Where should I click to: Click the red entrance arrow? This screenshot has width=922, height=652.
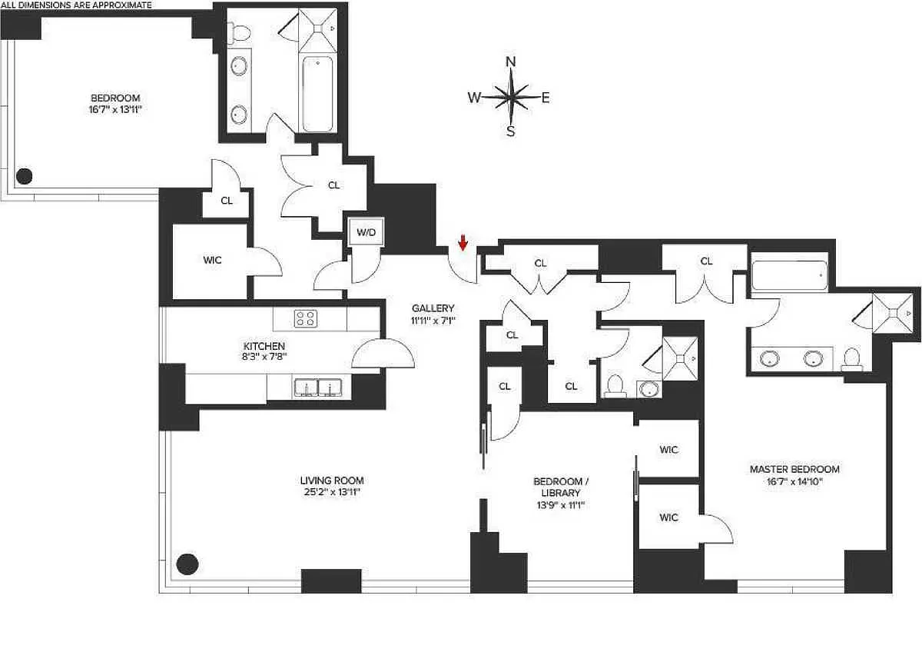pos(463,243)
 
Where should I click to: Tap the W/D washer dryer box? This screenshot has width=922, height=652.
pos(366,232)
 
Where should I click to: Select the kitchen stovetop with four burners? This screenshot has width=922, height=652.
pos(306,318)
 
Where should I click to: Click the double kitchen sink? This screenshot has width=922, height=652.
pos(319,388)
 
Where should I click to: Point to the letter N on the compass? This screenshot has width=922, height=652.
pos(510,62)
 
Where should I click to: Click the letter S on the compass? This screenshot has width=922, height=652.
pos(511,131)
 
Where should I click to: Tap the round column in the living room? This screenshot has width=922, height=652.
pos(187,564)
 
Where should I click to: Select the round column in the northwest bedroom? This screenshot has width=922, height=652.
pos(25,176)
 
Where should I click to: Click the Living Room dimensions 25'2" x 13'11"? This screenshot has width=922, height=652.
pos(332,492)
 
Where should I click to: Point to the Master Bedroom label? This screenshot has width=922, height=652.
pos(794,469)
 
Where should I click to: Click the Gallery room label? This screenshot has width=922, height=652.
pos(433,308)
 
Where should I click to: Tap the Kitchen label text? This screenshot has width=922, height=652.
pos(264,346)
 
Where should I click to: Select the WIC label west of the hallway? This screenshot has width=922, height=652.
pos(212,261)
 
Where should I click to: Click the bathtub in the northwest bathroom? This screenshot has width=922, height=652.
pos(317,95)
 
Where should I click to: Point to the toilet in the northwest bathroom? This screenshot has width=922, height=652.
pos(239,32)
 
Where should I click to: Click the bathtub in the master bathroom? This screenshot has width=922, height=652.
pos(789,275)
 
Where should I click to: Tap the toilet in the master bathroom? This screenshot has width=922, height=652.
pos(851,359)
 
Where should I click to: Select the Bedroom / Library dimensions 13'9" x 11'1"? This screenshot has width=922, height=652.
pos(561,505)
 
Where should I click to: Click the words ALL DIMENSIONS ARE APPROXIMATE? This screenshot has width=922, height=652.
pos(76,5)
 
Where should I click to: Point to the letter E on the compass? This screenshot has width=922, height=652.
pos(546,98)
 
